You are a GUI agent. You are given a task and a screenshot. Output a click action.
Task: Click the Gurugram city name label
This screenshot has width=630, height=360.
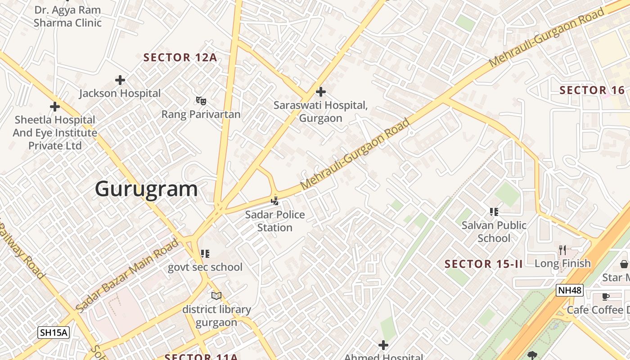[x=146, y=189]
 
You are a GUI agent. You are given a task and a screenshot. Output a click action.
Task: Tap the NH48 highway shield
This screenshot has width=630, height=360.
[x=569, y=290]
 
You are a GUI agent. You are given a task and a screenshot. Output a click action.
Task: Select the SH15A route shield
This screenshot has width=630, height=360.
[x=53, y=333]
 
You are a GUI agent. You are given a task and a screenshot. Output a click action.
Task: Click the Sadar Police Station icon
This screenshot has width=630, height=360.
[x=275, y=201]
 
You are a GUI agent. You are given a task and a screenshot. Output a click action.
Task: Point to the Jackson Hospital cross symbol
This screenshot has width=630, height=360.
[x=120, y=80]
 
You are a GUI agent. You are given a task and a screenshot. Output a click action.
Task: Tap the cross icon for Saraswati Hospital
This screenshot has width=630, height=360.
[x=320, y=92]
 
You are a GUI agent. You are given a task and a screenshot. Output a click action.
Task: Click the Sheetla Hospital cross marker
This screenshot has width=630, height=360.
[x=55, y=107]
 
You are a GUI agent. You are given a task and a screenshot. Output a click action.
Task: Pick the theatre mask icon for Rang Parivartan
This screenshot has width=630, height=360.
[x=201, y=101]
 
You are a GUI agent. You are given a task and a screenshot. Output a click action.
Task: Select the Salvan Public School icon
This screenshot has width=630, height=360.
[x=494, y=211]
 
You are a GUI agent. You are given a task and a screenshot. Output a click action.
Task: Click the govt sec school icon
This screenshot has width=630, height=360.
[x=205, y=254]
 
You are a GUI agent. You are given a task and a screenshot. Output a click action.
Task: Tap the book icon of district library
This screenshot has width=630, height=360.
[x=216, y=296]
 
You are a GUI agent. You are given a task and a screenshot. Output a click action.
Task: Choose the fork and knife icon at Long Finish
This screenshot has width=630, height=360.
[x=562, y=250]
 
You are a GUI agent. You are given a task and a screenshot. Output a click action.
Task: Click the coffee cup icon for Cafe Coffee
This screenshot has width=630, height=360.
[x=606, y=297]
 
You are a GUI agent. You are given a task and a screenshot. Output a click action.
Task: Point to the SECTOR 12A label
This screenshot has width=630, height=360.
[x=180, y=58]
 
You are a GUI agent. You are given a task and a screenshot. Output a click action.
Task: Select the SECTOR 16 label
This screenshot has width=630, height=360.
[x=592, y=90]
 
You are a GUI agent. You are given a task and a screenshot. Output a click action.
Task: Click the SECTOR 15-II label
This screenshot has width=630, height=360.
[x=484, y=264]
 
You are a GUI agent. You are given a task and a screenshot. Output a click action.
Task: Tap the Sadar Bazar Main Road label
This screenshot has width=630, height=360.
[x=127, y=276]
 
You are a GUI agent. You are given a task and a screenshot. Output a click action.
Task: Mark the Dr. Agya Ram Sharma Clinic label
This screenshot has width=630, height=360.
[x=67, y=16]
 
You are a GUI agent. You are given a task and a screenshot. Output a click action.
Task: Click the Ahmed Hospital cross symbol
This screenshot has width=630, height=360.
[x=383, y=345]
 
